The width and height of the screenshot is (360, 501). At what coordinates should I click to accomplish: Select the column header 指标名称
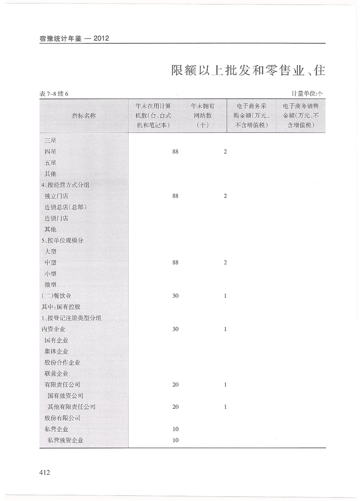(84, 115)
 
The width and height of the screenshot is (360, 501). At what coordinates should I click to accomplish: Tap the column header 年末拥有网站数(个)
(202, 115)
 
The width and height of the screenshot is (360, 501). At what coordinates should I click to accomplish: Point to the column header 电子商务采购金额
(251, 115)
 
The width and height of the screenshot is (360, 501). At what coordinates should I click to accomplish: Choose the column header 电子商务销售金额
(301, 115)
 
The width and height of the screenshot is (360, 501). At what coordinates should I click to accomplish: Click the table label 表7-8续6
(54, 94)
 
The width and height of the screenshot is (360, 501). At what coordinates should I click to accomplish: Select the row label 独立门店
(56, 196)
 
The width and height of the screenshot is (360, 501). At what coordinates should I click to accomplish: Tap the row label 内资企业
(53, 329)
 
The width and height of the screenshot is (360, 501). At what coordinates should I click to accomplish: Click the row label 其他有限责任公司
(71, 407)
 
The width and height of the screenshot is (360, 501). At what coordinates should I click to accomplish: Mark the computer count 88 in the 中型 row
(175, 263)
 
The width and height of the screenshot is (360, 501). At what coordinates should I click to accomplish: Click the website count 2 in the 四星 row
(225, 152)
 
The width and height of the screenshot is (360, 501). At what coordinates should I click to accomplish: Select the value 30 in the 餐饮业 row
(175, 296)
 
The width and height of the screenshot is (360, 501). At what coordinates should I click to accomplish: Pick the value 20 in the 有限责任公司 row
(175, 385)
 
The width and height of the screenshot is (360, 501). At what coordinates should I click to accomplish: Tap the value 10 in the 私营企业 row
(175, 429)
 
